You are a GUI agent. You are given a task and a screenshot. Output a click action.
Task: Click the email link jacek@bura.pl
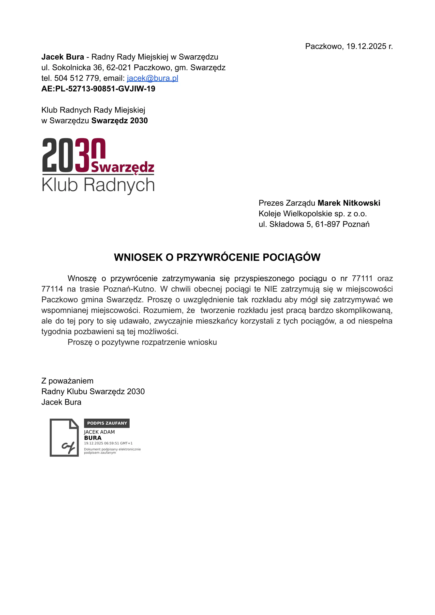click(152, 78)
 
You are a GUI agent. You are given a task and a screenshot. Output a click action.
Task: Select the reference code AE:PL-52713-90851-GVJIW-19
click(98, 89)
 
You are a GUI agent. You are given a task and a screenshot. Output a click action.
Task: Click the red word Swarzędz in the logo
click(123, 167)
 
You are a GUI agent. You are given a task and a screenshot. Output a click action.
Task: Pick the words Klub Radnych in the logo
click(98, 185)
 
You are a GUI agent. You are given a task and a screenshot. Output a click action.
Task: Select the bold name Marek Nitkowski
click(349, 203)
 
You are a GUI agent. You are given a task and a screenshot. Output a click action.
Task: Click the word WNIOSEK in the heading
click(138, 257)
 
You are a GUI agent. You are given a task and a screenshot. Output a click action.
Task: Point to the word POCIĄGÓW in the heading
click(291, 257)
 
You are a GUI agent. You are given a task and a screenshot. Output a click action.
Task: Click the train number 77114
click(52, 289)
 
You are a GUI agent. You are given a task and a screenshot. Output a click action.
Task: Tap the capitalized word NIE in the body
click(270, 289)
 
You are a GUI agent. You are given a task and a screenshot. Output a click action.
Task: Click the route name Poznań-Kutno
click(129, 289)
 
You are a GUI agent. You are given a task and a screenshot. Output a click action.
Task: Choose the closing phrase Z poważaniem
click(67, 381)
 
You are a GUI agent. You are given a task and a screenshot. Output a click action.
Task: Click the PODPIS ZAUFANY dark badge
click(107, 423)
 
